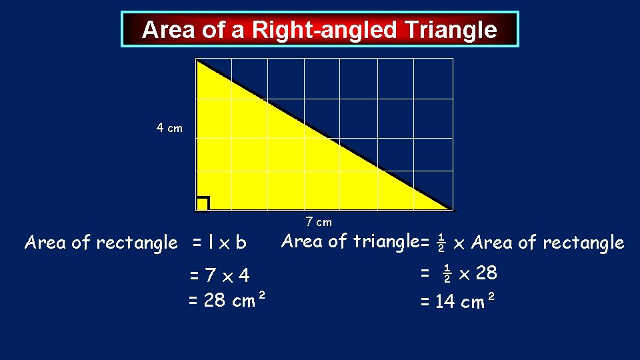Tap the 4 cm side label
pos(169,128)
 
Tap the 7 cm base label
pos(319,222)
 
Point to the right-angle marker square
pos(203,203)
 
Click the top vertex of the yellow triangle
pos(197,61)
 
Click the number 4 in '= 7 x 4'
pos(244,275)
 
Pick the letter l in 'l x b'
pos(210,243)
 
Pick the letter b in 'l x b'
pos(241,243)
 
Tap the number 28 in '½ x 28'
pos(487,273)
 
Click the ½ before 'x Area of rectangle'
pos(441,243)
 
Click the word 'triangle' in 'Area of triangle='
pos(383,241)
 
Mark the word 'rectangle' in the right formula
pos(583,243)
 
